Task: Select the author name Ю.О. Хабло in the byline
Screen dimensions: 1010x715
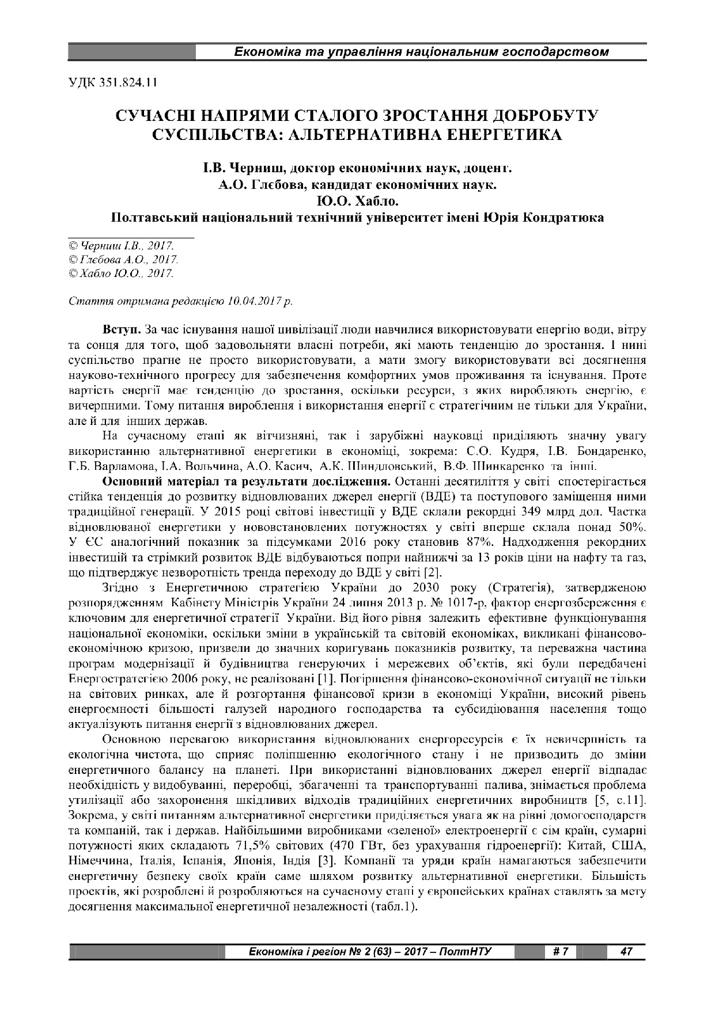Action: coord(357,202)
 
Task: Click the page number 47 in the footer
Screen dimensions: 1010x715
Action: coord(626,951)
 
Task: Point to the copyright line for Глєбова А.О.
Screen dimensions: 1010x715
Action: coord(123,260)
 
